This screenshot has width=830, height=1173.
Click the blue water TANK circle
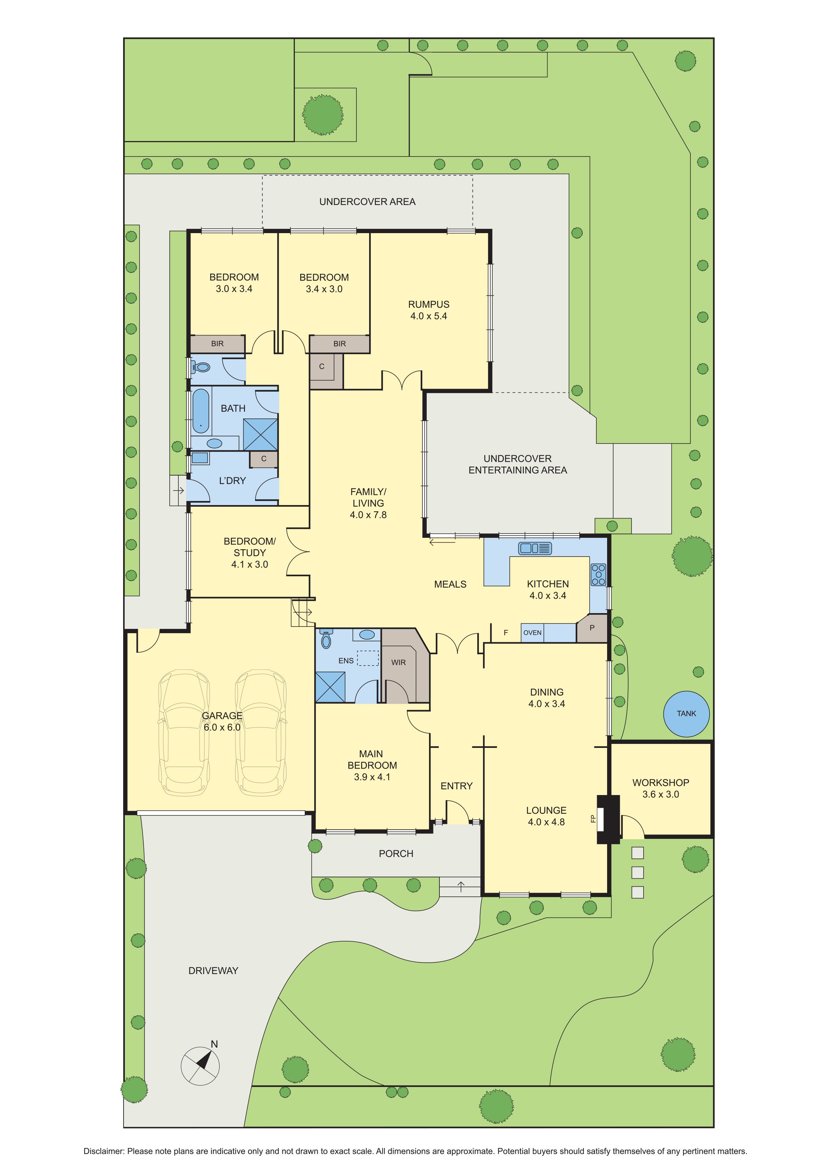click(686, 714)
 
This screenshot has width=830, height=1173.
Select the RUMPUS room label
click(429, 304)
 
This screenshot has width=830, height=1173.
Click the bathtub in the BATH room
click(201, 411)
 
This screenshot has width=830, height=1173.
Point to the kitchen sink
click(535, 548)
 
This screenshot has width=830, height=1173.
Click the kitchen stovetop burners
click(598, 575)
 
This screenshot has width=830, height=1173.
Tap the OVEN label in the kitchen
click(532, 632)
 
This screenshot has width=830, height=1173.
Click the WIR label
click(399, 662)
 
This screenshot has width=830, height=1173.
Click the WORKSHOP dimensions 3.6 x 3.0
click(661, 794)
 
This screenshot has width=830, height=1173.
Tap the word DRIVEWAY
click(213, 971)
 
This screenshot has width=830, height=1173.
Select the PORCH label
click(396, 854)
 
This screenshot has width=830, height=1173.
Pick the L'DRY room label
click(233, 481)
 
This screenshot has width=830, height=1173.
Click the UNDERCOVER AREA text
click(367, 202)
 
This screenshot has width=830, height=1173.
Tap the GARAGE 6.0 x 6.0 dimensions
click(222, 727)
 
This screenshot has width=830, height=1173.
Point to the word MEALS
click(450, 584)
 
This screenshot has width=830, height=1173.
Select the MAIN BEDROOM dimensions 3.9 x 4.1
click(372, 777)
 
